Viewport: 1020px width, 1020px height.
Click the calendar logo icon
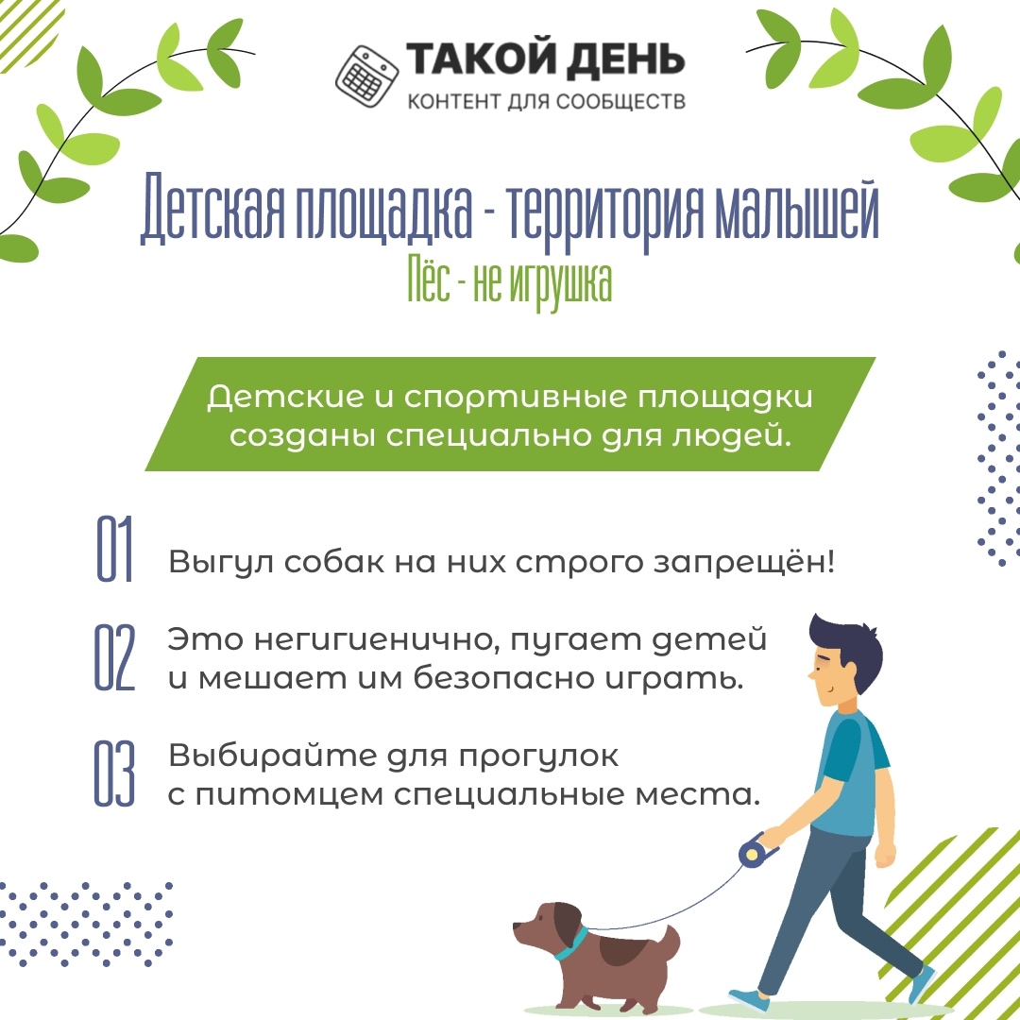tap(366, 76)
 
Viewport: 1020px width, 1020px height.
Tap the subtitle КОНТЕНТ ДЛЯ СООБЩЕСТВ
tap(547, 101)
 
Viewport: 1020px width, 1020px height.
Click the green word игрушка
tap(561, 285)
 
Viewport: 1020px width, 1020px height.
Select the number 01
tap(114, 549)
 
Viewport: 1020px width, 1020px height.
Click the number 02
tap(114, 657)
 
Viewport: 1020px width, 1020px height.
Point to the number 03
tap(114, 773)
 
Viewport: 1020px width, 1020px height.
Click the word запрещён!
tap(743, 561)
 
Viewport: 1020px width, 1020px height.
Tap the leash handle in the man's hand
tap(756, 850)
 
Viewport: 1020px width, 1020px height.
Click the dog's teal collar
tap(572, 944)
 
